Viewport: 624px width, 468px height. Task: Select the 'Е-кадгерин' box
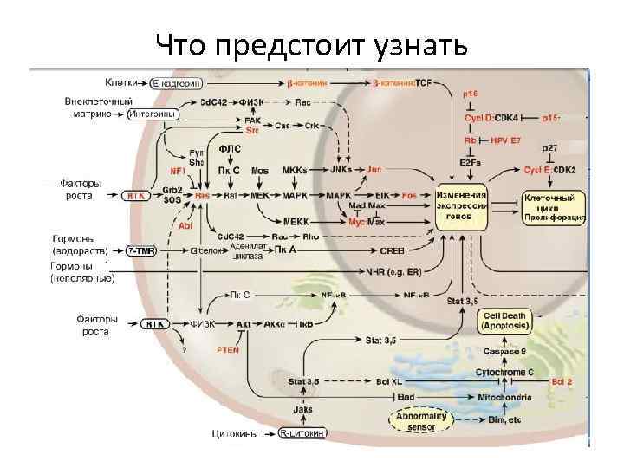177,83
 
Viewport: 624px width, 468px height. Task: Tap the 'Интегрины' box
153,114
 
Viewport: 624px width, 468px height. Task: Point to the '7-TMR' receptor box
141,250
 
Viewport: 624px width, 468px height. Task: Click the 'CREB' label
391,250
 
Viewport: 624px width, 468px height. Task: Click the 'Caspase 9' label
506,352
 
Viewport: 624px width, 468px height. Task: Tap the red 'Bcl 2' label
564,380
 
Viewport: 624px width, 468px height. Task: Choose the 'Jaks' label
302,409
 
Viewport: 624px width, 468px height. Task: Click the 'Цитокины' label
236,433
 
